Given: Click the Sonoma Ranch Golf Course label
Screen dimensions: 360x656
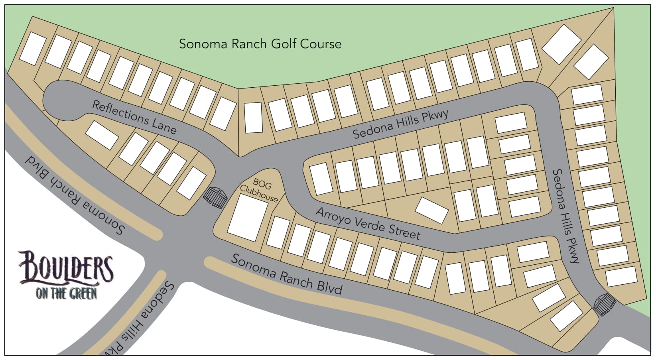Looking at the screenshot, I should pos(260,43).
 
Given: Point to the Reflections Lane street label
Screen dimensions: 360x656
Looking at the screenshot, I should pos(134,117).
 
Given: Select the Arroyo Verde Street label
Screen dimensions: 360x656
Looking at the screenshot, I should pos(368,224).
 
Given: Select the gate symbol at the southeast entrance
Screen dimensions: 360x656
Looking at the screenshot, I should pos(605,305).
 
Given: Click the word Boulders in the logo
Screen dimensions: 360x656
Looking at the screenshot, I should pos(66,266).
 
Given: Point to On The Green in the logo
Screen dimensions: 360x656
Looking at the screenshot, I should pos(66,293).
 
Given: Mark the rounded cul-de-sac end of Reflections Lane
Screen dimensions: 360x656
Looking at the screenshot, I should pos(60,100).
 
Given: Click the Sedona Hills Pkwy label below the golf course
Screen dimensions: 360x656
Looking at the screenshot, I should pos(400,124).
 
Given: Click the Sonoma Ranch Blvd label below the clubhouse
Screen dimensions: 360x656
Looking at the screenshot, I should pos(286,274).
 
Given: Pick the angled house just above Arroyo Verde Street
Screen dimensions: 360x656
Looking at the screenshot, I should pos(431,210).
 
